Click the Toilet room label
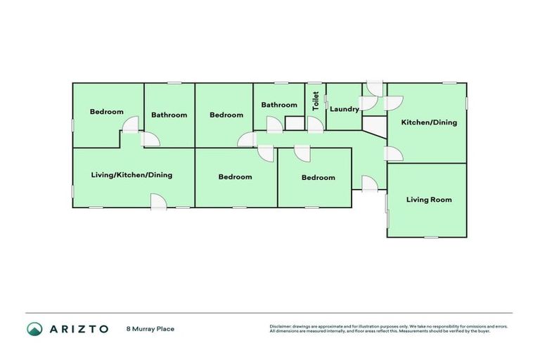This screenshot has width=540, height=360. pos(316,101)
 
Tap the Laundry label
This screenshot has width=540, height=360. pos(344,109)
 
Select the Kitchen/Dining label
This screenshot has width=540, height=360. pos(429,122)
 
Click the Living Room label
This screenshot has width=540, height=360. pos(429,200)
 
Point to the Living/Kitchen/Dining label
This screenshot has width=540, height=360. pos(131,175)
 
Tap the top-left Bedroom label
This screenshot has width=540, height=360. pos(106,112)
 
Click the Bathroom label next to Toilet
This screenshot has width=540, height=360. pos(279,105)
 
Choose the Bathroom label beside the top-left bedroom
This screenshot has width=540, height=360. pos(169,115)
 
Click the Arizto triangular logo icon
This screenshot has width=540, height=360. pos(35,328)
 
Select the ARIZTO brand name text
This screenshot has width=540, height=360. pos(78,328)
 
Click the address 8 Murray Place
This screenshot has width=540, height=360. pos(150,328)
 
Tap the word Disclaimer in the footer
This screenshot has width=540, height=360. pos(280,326)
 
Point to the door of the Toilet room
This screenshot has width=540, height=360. pos(314,125)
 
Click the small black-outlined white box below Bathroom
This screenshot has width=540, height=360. pos(295,123)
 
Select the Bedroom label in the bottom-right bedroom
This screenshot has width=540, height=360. pos(318,177)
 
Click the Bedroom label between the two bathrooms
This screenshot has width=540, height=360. pos(226,115)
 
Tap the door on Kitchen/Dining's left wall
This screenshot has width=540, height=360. pos(393,154)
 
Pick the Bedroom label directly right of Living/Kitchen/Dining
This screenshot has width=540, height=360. pos(235,176)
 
